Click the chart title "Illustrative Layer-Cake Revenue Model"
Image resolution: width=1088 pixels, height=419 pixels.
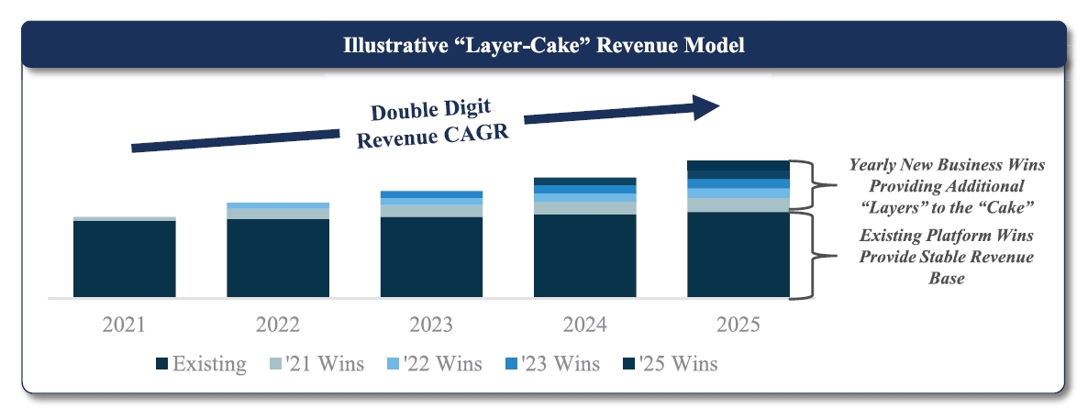[x=544, y=46]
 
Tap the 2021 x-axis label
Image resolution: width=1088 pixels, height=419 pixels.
[x=124, y=325]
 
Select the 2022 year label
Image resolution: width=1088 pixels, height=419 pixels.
[x=278, y=325]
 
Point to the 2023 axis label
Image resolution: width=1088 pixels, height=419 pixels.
[x=431, y=325]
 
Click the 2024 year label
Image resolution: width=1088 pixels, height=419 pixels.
[x=585, y=325]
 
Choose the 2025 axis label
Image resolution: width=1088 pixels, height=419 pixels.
[x=738, y=325]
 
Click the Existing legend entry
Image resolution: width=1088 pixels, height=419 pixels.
[x=201, y=363]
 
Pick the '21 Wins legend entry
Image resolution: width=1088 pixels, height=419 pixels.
[x=316, y=363]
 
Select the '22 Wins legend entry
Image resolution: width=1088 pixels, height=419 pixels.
[x=434, y=363]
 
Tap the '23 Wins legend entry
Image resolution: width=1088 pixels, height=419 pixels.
[x=552, y=363]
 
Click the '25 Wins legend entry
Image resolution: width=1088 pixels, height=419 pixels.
[x=671, y=363]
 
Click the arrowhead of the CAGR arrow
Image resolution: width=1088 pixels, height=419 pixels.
[x=706, y=107]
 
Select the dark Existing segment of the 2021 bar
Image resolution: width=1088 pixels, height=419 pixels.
[x=124, y=259]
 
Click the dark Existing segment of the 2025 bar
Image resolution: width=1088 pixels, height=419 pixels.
[x=738, y=255]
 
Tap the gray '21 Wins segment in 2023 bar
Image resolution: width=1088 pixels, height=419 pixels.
[x=431, y=210]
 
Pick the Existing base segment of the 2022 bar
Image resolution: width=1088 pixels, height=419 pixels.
[x=278, y=258]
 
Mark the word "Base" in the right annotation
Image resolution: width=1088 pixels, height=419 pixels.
[x=947, y=278]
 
